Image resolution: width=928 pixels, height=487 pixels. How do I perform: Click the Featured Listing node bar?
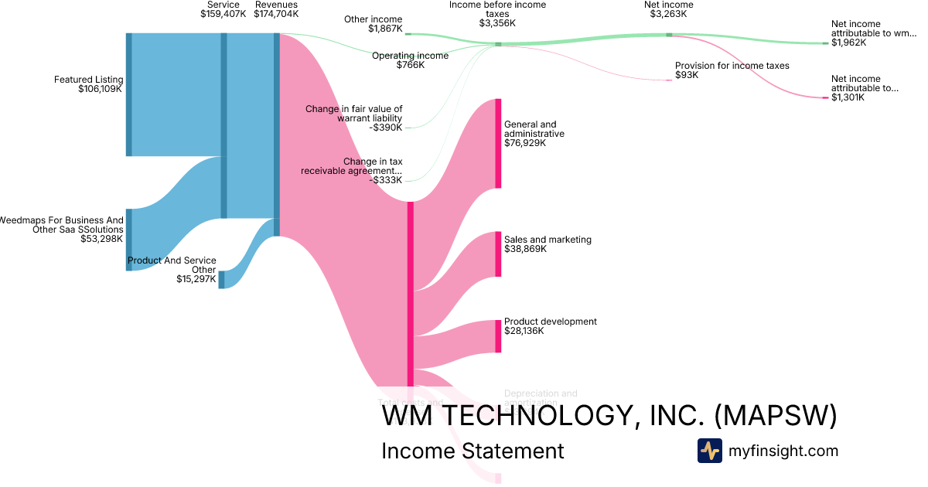tap(129, 94)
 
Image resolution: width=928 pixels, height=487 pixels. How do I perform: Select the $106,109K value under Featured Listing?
tap(101, 90)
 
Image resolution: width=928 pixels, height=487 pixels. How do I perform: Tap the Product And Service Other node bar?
tap(221, 279)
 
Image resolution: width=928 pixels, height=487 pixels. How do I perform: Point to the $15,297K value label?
tap(196, 279)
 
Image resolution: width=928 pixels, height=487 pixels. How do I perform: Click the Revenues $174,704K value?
tap(276, 14)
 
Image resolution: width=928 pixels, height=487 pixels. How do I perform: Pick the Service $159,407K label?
tap(223, 14)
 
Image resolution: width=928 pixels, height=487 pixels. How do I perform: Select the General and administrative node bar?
tap(498, 143)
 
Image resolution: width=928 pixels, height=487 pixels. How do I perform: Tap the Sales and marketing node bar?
tap(498, 254)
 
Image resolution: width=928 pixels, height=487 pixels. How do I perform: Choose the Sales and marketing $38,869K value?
tap(525, 250)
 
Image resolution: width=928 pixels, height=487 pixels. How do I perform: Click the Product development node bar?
tap(498, 336)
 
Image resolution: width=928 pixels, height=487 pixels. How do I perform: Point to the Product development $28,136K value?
tap(524, 331)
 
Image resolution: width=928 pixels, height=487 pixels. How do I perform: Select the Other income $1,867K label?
tap(385, 29)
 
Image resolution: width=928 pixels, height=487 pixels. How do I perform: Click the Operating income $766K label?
tap(410, 65)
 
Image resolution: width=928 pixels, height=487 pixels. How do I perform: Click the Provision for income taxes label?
tap(732, 66)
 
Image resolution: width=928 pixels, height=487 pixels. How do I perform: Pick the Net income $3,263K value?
tap(668, 14)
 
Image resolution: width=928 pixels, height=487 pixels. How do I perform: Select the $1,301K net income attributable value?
tap(848, 97)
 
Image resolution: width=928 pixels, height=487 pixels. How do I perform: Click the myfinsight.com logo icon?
tap(709, 451)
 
